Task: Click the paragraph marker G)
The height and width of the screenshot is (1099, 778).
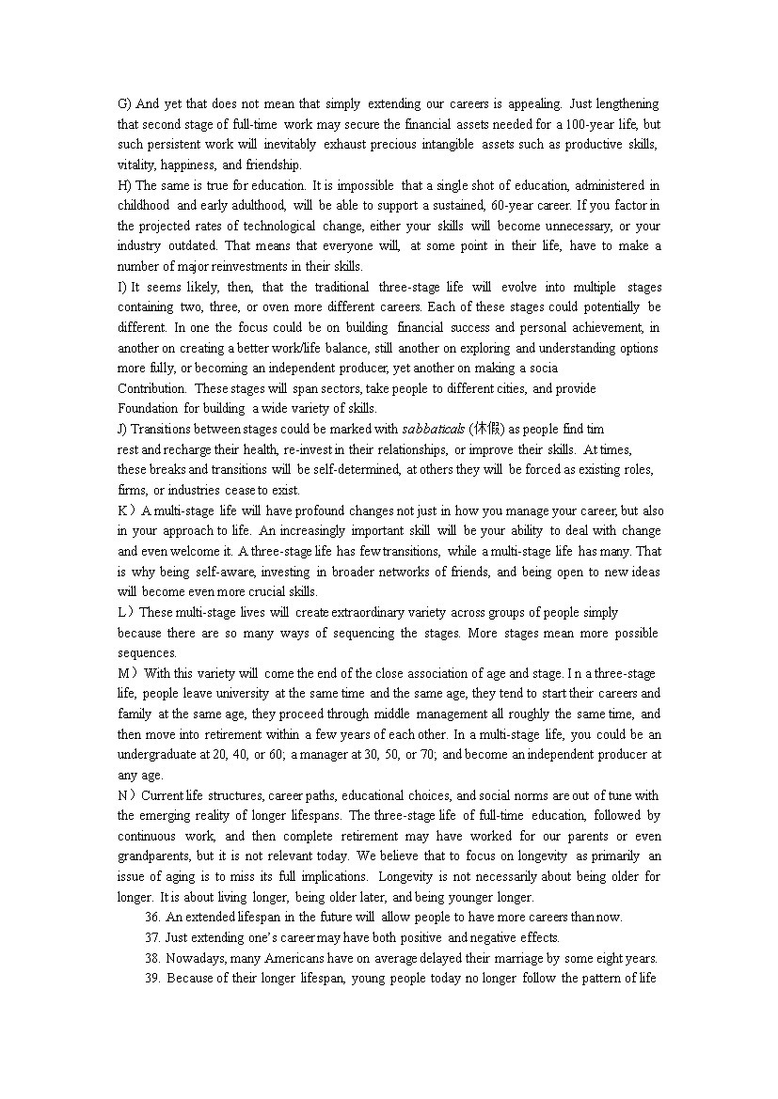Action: [x=124, y=103]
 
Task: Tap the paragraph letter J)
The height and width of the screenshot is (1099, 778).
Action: [x=123, y=430]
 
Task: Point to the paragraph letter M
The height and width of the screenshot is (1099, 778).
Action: [x=123, y=673]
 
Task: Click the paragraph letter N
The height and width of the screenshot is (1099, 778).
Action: [x=123, y=795]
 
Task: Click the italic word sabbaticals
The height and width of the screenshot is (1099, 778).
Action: [x=434, y=430]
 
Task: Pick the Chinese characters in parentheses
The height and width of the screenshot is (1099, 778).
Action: [x=488, y=430]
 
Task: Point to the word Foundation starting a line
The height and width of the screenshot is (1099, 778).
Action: [x=148, y=409]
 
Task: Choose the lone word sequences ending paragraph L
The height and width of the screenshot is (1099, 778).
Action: [x=147, y=653]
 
